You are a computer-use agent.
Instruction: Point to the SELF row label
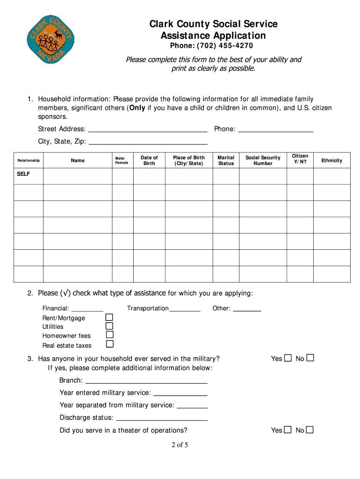23,174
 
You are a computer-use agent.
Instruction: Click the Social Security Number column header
263,160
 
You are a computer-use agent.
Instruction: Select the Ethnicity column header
331,160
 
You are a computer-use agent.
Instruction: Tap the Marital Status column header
226,160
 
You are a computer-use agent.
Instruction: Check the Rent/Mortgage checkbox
109,318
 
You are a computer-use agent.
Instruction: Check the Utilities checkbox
109,326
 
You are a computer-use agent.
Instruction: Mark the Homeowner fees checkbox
109,335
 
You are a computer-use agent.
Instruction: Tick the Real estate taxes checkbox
109,344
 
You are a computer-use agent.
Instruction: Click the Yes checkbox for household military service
288,358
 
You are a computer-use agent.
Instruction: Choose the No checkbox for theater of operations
310,430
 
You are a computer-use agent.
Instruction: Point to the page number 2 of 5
180,445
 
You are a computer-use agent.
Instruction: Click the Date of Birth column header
149,160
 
